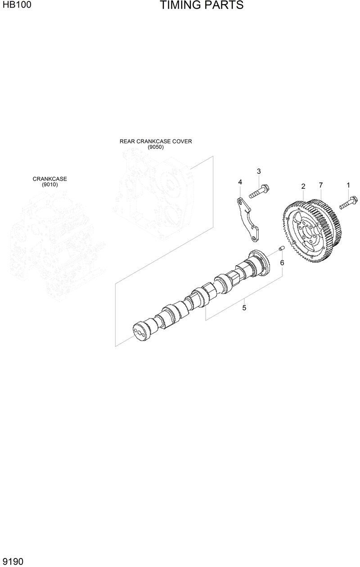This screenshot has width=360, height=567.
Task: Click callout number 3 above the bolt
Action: click(259, 171)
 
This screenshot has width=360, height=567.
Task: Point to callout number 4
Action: click(240, 182)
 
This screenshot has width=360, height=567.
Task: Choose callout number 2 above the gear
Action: click(303, 186)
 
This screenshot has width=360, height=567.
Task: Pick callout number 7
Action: click(320, 185)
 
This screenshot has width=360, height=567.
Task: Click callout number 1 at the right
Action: click(348, 185)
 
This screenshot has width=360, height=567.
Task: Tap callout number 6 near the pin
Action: click(282, 263)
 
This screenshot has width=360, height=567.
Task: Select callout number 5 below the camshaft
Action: click(244, 308)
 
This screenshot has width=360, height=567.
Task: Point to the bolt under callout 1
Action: click(348, 202)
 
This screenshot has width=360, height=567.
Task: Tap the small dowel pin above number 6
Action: click(281, 248)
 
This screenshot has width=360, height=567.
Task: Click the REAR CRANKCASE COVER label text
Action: click(156, 141)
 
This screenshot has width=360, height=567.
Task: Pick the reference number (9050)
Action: click(156, 147)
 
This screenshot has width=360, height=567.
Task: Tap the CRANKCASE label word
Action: click(49, 179)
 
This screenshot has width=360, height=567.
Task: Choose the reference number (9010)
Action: click(49, 185)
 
